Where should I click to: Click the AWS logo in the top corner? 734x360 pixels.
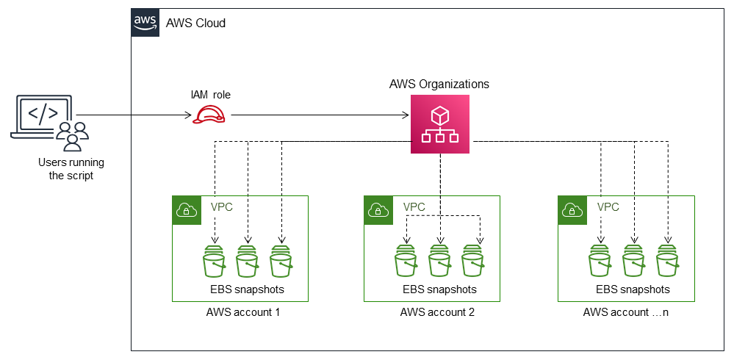[x=145, y=23]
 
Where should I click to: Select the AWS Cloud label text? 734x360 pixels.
[x=196, y=24]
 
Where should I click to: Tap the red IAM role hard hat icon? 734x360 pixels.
[x=209, y=115]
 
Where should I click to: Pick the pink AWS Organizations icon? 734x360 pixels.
[x=439, y=125]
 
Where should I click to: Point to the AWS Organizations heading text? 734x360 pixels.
[x=439, y=84]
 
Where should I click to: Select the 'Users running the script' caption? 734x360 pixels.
[x=71, y=169]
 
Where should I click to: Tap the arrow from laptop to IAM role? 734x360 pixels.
[x=132, y=115]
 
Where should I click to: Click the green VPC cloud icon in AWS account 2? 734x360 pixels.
[x=378, y=209]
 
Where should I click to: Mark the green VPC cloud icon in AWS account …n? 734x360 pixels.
[x=572, y=209]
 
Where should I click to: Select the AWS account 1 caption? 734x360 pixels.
[x=243, y=312]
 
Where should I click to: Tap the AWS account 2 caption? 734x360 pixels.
[x=437, y=312]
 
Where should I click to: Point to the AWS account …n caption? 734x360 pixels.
[x=625, y=312]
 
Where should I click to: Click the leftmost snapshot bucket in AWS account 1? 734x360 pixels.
[x=214, y=262]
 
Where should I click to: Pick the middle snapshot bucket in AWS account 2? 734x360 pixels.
[x=439, y=262]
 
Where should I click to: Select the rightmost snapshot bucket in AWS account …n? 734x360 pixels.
[x=667, y=262]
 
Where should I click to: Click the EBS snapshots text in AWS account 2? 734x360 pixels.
[x=439, y=289]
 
